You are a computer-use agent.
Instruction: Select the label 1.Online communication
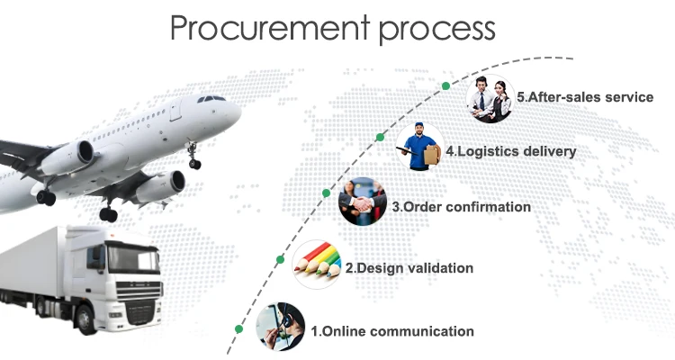pos(391,331)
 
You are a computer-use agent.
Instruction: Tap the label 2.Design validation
pos(409,268)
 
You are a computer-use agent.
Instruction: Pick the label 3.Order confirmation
pos(462,207)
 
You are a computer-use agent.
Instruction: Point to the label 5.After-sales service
pos(585,96)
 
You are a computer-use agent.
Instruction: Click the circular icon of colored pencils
pos(318,262)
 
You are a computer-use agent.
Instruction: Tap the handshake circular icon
pos(362,205)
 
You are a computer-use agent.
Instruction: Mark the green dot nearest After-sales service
pos(445,85)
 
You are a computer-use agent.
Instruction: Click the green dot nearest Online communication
pos(238,328)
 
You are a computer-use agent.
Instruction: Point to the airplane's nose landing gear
pos(193,161)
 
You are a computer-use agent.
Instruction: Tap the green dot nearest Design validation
pos(280,259)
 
